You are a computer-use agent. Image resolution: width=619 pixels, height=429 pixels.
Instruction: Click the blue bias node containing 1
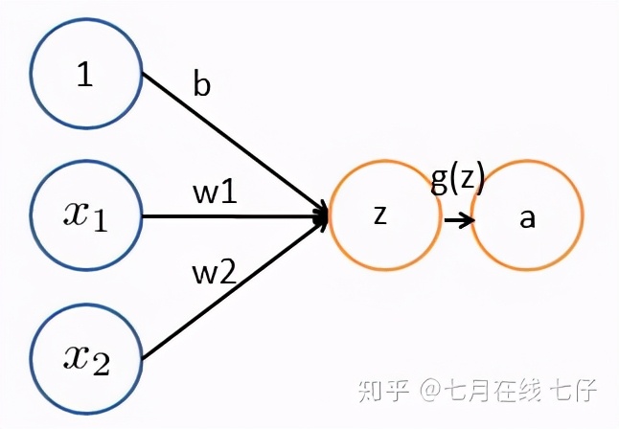tap(86, 74)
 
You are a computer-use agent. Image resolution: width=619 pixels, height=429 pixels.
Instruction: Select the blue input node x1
tap(86, 215)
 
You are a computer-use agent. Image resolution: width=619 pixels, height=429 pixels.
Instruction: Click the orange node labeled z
tap(380, 216)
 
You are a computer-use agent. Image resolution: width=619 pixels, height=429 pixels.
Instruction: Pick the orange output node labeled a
tap(526, 217)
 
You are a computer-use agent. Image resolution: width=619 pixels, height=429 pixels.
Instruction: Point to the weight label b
tap(201, 85)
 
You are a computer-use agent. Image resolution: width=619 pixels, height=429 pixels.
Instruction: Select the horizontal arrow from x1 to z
tap(230, 216)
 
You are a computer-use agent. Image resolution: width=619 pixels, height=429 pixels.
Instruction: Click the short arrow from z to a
tap(458, 219)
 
